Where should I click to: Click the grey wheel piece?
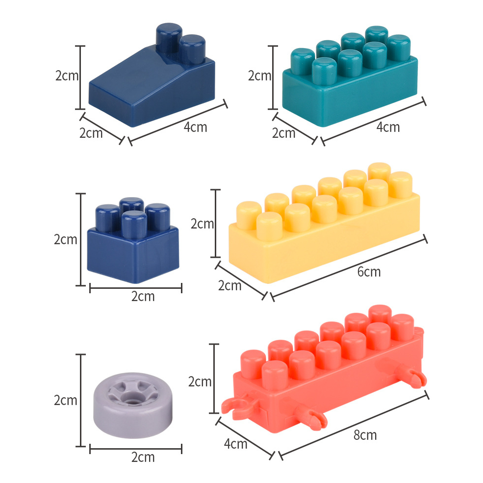click(133, 405)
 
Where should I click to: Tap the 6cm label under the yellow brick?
click(369, 272)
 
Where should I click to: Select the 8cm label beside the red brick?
click(365, 435)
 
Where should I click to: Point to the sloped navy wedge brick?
click(152, 75)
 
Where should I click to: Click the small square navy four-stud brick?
click(133, 240)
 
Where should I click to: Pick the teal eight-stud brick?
click(350, 76)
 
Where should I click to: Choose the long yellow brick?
click(324, 223)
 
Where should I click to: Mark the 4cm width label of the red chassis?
click(235, 444)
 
